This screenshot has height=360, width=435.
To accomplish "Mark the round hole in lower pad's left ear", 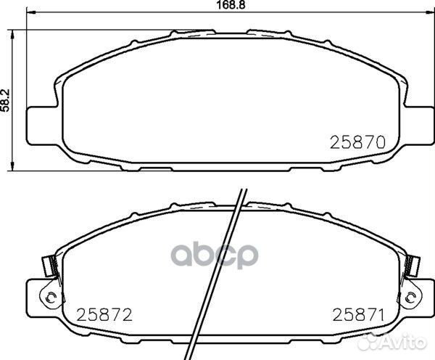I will point(49,297).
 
